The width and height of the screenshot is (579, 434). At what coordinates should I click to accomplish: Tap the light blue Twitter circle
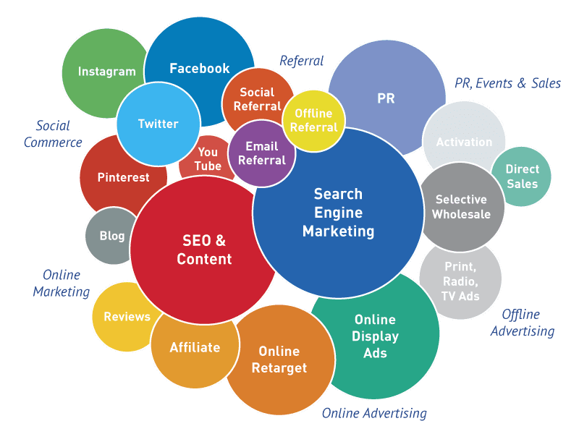tap(159, 124)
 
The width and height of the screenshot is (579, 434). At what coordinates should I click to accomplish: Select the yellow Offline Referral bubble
tap(314, 121)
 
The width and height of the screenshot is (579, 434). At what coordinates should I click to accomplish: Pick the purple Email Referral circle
tap(262, 153)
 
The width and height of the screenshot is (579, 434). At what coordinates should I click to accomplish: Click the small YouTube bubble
tap(207, 158)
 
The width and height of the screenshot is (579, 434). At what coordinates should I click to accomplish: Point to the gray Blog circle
tap(110, 236)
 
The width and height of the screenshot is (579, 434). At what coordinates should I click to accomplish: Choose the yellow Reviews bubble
tap(124, 317)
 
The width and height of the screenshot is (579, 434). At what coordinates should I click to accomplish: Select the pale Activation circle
tap(464, 137)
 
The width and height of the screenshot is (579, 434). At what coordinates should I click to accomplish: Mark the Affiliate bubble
tap(195, 349)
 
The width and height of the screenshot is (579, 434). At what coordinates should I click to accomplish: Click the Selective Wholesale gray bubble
tap(462, 207)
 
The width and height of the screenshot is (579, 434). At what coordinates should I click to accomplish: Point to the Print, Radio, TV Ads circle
tap(460, 281)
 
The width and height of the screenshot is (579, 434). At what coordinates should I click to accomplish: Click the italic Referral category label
tap(301, 61)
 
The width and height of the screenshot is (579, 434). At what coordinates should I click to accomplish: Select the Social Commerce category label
tap(53, 134)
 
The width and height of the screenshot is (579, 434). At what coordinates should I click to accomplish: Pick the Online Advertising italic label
tap(374, 413)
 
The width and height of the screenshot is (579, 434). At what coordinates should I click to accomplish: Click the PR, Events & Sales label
tap(508, 83)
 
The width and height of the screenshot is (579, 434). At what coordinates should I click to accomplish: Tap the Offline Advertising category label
tap(523, 323)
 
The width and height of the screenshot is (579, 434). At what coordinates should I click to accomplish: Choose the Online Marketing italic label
tap(62, 283)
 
